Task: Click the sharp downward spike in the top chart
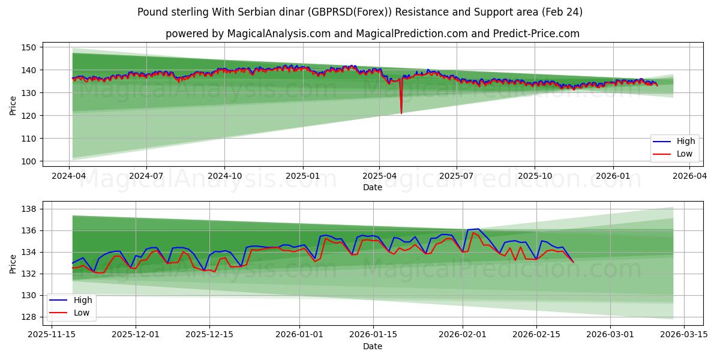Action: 401,112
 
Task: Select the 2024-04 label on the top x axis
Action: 69,176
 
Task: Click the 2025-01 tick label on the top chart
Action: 302,176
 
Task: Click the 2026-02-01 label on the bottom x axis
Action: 463,335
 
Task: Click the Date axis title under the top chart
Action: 372,187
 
